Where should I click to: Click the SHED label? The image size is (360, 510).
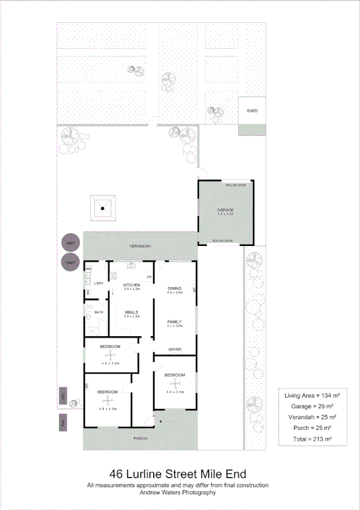point(252,111)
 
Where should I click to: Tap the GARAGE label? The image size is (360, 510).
point(225,210)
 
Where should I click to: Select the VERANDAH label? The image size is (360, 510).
point(139,247)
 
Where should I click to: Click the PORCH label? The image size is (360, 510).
point(139,438)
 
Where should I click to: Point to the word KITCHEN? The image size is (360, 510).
point(132,284)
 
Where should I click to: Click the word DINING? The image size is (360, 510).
point(174,289)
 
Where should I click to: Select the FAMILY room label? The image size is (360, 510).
point(174,322)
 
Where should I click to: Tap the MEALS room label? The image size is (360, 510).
point(132,312)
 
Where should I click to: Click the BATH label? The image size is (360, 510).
point(99,312)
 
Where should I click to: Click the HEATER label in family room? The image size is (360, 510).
point(175,349)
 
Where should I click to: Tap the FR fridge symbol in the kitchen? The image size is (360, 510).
point(149,277)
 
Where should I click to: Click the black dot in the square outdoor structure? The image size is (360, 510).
point(103,208)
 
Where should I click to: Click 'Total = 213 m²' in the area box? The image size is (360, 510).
point(311,439)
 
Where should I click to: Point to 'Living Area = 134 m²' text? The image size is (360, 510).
point(311,395)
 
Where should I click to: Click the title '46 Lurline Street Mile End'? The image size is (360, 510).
point(177,475)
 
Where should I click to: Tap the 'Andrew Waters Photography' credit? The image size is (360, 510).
point(177,493)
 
